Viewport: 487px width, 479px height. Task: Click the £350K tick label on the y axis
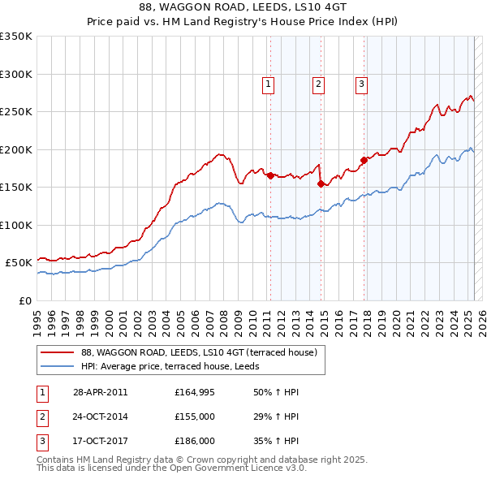click(x=15, y=37)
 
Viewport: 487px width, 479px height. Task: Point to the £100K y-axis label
click(x=15, y=225)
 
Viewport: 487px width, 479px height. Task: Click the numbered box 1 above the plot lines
click(x=268, y=83)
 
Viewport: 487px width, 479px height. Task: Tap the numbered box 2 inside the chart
click(x=319, y=83)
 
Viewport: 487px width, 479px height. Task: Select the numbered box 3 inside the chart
click(x=361, y=83)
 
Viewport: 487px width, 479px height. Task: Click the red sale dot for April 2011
click(x=269, y=175)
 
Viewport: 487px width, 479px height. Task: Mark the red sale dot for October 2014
click(x=321, y=183)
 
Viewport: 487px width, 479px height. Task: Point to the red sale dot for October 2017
click(x=364, y=160)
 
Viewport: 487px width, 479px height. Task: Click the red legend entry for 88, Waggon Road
click(x=203, y=352)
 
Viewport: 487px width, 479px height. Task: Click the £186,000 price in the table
click(x=195, y=441)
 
